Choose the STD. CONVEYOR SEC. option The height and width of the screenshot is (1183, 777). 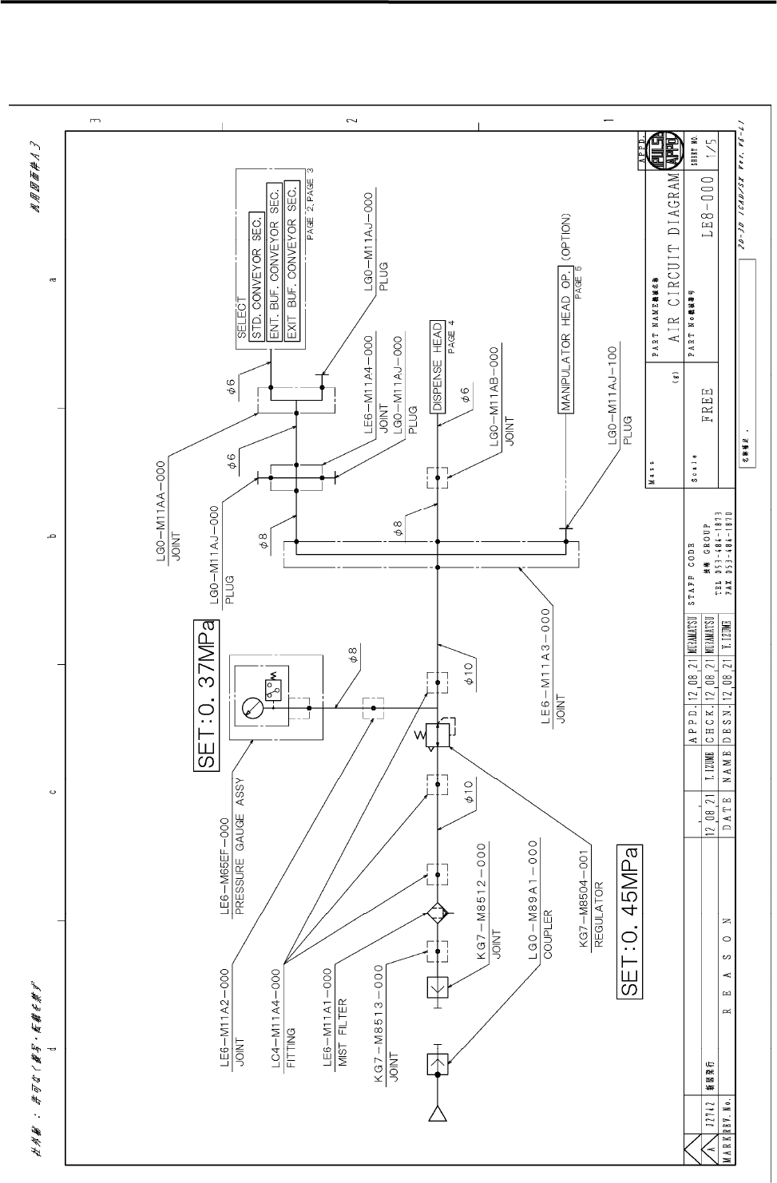257,255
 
